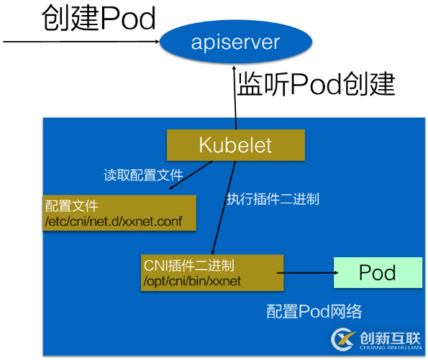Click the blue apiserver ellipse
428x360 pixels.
click(x=235, y=43)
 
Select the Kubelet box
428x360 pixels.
click(x=235, y=145)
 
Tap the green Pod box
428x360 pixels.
click(x=378, y=272)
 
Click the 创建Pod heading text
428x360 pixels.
click(x=99, y=19)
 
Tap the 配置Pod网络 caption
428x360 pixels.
click(x=314, y=312)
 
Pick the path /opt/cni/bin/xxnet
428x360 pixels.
click(x=193, y=281)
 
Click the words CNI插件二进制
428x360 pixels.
click(x=188, y=266)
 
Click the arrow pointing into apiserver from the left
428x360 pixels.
click(x=79, y=42)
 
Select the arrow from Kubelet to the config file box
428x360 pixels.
click(x=191, y=176)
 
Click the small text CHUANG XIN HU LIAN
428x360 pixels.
click(x=389, y=348)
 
